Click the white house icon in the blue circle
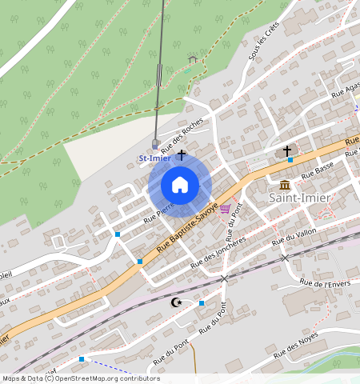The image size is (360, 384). (x=180, y=186)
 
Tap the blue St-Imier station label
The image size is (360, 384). (x=154, y=158)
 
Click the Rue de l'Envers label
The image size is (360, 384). (x=326, y=283)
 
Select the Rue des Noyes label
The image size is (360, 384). (x=297, y=346)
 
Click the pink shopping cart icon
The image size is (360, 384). (x=225, y=209)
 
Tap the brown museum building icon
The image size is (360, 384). (x=285, y=184)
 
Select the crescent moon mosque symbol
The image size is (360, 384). (x=177, y=302)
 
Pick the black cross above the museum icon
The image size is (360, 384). (x=286, y=150)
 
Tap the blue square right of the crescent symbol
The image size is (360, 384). (x=202, y=303)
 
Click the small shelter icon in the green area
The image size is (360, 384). (x=192, y=58)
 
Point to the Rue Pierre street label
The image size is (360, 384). (x=158, y=210)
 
